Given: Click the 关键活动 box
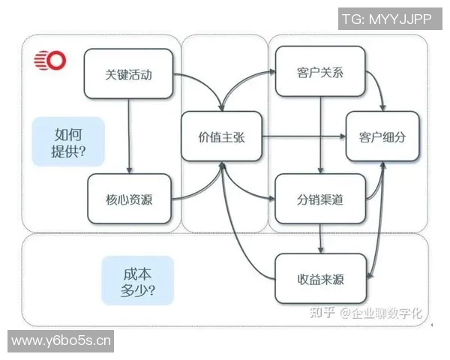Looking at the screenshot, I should click(x=129, y=73).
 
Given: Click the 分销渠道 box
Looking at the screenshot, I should click(x=320, y=199).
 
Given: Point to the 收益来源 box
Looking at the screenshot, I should click(x=320, y=279).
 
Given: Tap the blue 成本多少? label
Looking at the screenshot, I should click(x=137, y=280).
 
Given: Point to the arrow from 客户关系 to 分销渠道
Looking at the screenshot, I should click(x=321, y=135).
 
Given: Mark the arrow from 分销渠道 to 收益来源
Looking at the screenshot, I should click(x=321, y=238).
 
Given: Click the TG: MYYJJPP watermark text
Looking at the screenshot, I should click(x=387, y=19).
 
